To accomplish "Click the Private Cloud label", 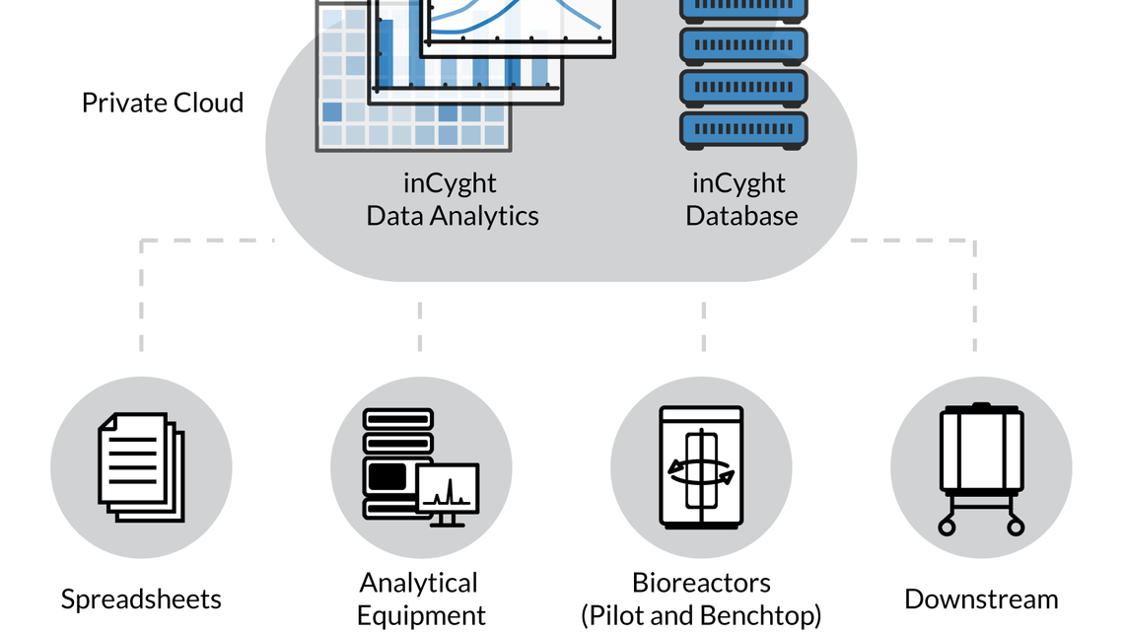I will (163, 103).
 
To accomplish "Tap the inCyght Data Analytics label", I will (453, 200).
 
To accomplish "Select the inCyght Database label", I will (741, 200).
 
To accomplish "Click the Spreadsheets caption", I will (141, 598).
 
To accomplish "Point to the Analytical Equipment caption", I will (421, 599).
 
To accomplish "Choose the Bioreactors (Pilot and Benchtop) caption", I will (701, 599).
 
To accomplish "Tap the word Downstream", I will (981, 598).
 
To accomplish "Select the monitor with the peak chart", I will (448, 490).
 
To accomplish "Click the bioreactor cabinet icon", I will (701, 466).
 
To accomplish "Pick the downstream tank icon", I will (981, 451).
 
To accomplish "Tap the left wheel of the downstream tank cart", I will (948, 527).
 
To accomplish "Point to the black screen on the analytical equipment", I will (387, 476).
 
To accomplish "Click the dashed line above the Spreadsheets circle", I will (141, 296).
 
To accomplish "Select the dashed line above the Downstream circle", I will (975, 296).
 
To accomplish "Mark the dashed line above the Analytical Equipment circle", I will (420, 325).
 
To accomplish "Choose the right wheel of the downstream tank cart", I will (1016, 527).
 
